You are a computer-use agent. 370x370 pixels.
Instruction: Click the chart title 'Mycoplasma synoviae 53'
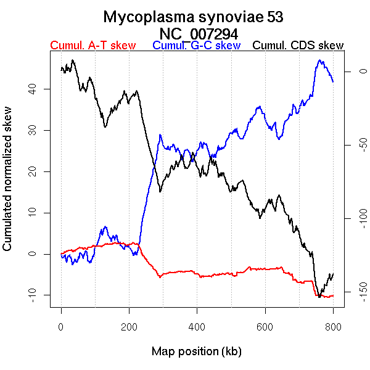(x=193, y=17)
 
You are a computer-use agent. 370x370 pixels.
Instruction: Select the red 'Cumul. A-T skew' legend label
(x=92, y=46)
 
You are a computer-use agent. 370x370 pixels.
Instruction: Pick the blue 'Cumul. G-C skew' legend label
(x=196, y=46)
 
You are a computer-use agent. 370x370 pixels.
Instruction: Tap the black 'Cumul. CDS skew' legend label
(x=298, y=46)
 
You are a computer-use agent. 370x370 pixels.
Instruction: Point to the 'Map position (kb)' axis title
(x=196, y=351)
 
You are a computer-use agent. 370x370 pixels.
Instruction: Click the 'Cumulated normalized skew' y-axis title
(x=8, y=186)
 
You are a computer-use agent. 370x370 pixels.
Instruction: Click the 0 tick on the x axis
(x=61, y=327)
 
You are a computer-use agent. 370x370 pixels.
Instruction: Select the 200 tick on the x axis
(x=129, y=327)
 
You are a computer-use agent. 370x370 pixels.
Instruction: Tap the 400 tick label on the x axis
(x=197, y=327)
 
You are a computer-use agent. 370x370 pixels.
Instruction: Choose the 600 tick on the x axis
(x=265, y=327)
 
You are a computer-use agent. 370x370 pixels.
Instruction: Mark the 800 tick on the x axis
(x=332, y=327)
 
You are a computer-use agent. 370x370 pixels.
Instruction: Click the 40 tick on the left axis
(x=32, y=89)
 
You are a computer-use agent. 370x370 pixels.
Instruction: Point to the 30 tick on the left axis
(x=32, y=130)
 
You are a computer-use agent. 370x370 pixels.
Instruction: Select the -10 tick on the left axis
(x=32, y=295)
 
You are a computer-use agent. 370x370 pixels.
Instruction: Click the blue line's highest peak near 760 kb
(x=319, y=60)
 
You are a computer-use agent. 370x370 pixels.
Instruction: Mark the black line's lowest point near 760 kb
(x=319, y=297)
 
